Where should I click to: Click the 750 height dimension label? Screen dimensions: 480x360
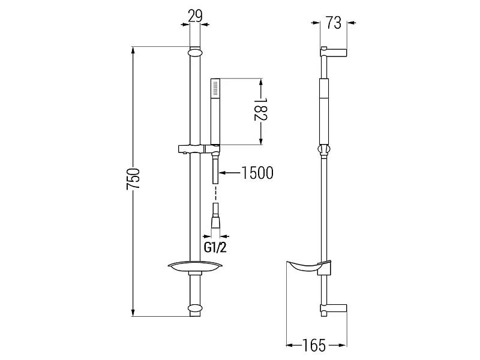click(133, 178)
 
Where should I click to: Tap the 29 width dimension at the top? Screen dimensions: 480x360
click(196, 16)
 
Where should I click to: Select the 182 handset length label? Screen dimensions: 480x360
click(261, 109)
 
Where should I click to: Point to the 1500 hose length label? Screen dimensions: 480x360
click(257, 173)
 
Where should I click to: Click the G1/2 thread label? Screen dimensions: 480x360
click(215, 247)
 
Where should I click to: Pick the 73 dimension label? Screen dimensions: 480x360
click(334, 23)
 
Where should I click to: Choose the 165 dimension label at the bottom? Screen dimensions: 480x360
click(314, 346)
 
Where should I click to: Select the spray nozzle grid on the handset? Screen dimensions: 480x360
click(215, 88)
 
